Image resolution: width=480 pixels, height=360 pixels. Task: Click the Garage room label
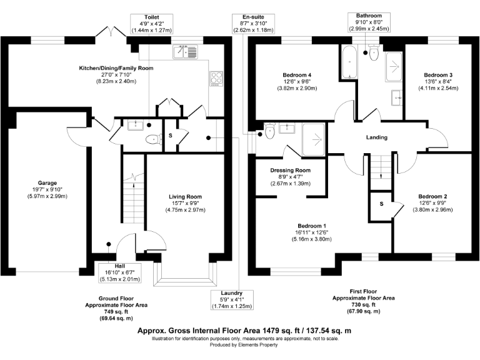click(47, 182)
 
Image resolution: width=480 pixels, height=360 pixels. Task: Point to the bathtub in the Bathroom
click(347, 61)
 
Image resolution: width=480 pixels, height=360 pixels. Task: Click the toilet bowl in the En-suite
click(269, 131)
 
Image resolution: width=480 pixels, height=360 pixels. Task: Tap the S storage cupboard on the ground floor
click(171, 136)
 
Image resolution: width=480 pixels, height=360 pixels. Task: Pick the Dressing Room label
click(290, 170)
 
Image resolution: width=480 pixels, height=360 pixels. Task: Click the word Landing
click(376, 137)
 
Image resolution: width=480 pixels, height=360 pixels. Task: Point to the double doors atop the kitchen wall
click(111, 31)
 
